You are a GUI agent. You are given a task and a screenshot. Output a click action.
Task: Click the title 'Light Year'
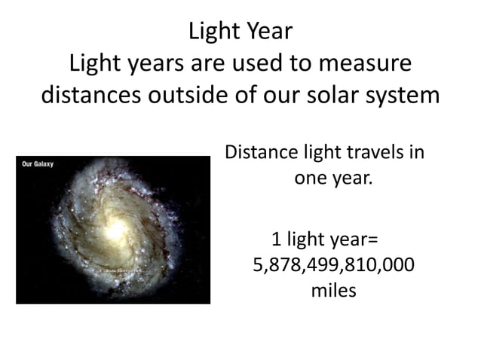240,32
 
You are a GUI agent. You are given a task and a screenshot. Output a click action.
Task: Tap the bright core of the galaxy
113,229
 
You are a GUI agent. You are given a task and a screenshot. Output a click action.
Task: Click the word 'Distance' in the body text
259,153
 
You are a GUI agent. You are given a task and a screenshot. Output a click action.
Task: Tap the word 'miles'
333,290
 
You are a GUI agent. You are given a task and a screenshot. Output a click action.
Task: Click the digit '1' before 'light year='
276,241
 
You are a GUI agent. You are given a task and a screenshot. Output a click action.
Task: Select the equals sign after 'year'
372,242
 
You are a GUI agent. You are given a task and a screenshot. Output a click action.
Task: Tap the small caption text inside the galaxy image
123,269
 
